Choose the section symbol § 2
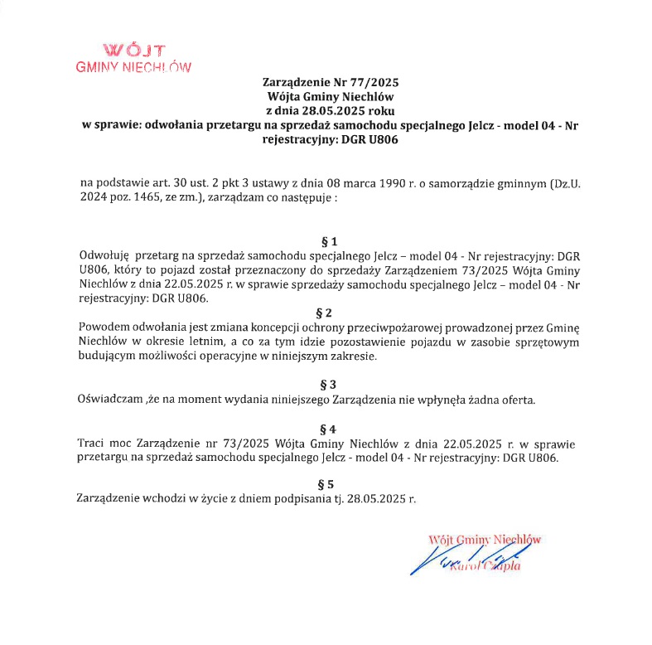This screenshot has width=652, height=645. coord(325,313)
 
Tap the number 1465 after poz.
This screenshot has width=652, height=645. coord(146,199)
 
